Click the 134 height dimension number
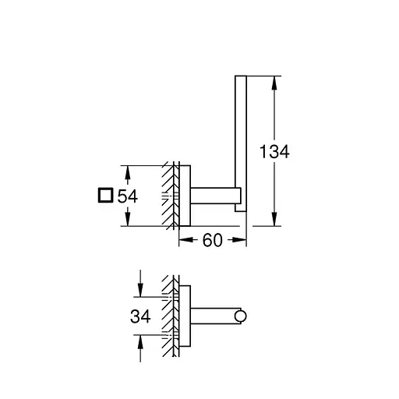274,152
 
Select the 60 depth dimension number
212,241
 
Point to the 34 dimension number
139,316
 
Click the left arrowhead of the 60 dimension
184,241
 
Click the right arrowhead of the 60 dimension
242,241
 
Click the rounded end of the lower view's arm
242,316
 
